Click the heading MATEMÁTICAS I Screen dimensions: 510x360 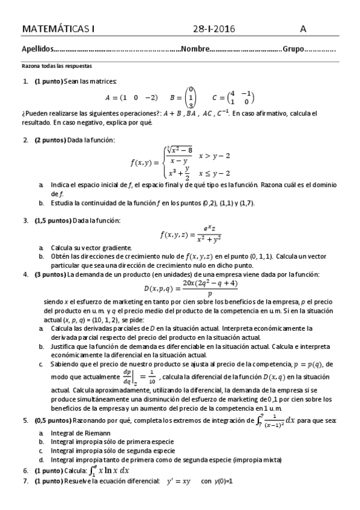[x=58, y=29]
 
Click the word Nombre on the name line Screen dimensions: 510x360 [x=195, y=49]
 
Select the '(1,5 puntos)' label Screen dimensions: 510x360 [x=55, y=220]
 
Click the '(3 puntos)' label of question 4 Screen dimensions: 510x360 [x=52, y=274]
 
